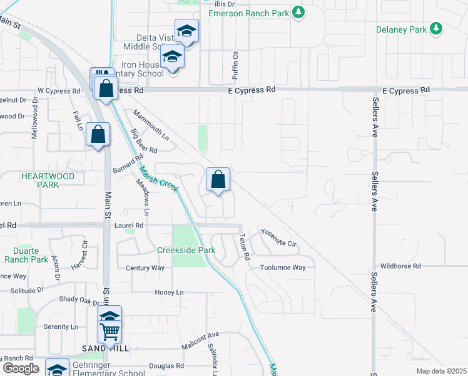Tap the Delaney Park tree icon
pos(437,29)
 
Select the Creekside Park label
pos(194,251)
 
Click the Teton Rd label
pos(245,247)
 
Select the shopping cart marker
pos(109,331)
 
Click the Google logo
pos(20,368)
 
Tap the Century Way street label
pos(145,268)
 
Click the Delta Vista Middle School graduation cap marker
pos(186,31)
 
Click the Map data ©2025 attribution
pos(440,371)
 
